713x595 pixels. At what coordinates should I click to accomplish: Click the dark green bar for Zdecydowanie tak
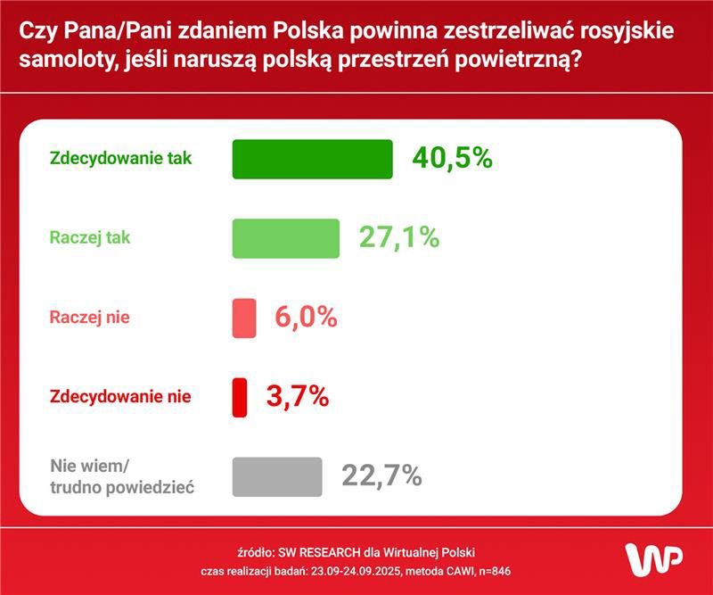(312, 160)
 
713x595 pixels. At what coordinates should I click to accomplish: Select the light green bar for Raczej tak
(285, 238)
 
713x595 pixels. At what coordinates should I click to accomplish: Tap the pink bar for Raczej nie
(243, 318)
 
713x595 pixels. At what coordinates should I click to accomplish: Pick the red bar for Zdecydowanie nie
(239, 397)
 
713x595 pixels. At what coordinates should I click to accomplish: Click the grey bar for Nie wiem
(276, 476)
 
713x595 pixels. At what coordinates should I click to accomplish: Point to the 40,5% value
(452, 159)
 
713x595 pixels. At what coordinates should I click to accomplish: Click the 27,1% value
(399, 238)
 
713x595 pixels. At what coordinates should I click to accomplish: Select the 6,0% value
(305, 318)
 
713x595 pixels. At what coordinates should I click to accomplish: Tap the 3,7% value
(298, 396)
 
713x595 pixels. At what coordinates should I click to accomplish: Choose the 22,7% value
(381, 475)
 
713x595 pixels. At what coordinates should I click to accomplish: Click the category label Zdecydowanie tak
(120, 159)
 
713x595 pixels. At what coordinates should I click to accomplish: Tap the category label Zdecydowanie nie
(120, 396)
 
